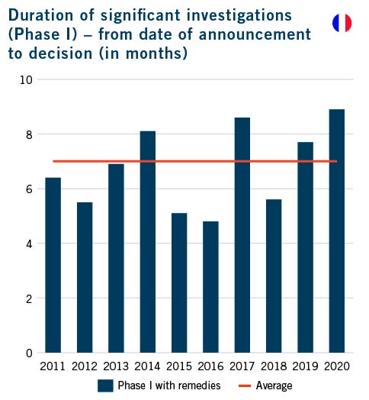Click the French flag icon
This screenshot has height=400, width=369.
coord(342,23)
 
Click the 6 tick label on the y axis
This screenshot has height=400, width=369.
coord(28,189)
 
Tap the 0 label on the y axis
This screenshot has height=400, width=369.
coord(28,353)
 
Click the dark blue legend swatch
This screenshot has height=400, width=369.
coord(105,385)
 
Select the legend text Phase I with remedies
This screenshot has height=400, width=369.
coord(168,385)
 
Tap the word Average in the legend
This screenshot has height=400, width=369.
coord(274,385)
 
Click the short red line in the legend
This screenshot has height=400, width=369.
coord(242,385)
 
